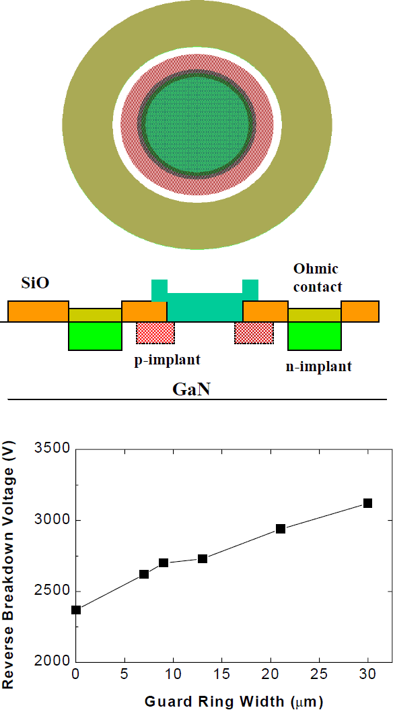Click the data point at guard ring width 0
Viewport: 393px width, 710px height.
point(76,610)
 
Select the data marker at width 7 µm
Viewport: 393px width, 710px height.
point(144,574)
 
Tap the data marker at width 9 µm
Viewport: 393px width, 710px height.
point(164,562)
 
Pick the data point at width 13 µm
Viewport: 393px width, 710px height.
point(203,558)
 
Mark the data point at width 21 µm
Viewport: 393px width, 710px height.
point(281,529)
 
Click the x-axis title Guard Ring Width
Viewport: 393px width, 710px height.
point(234,701)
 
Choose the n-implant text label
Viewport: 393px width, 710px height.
point(318,367)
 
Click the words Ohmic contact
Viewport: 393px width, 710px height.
point(318,278)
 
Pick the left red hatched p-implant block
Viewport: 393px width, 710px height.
point(155,332)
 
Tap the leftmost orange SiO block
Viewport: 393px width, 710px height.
point(38,311)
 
